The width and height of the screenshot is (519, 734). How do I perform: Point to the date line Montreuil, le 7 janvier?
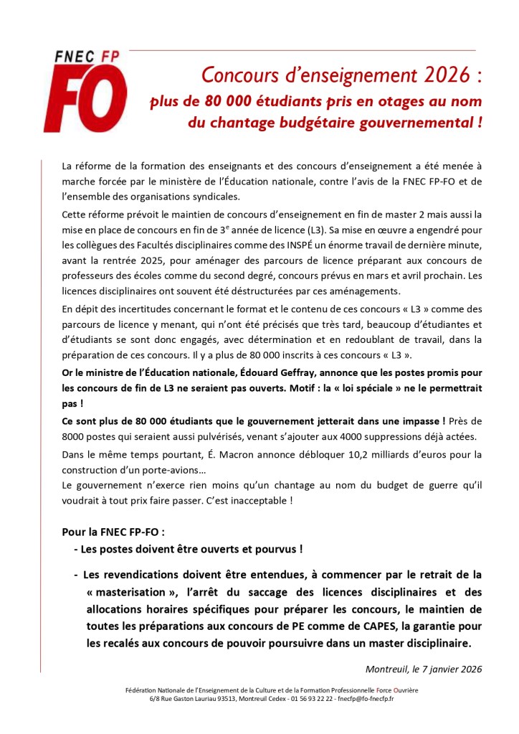pos(424,669)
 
